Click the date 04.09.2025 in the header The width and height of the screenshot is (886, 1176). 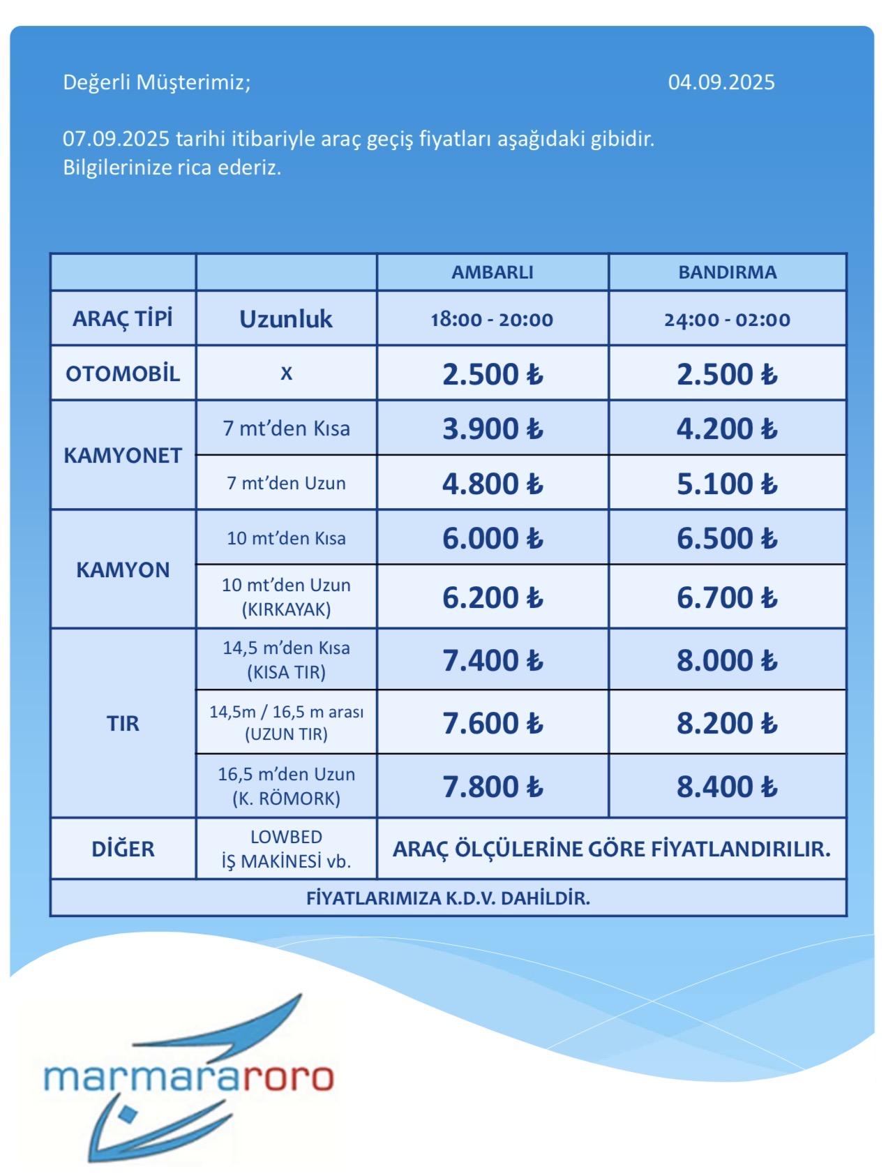[721, 82]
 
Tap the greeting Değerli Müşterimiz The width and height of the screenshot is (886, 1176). [156, 82]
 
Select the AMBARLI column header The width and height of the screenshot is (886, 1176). [492, 272]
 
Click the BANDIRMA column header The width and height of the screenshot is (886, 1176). [727, 272]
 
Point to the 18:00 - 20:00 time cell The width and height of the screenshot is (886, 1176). [492, 320]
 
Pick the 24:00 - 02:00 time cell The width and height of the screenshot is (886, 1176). [727, 320]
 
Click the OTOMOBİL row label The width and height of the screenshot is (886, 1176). [123, 373]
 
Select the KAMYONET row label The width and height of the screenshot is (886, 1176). [123, 455]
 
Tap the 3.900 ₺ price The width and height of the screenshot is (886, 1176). [492, 429]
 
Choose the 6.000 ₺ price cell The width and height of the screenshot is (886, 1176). [492, 538]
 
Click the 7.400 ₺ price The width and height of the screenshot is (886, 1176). [492, 660]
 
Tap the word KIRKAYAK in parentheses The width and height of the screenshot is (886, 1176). [286, 609]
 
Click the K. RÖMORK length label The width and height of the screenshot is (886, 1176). [286, 798]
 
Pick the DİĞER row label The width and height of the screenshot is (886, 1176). [123, 849]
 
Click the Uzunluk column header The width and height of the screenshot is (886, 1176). [286, 319]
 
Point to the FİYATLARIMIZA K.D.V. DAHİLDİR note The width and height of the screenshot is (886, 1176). [448, 898]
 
